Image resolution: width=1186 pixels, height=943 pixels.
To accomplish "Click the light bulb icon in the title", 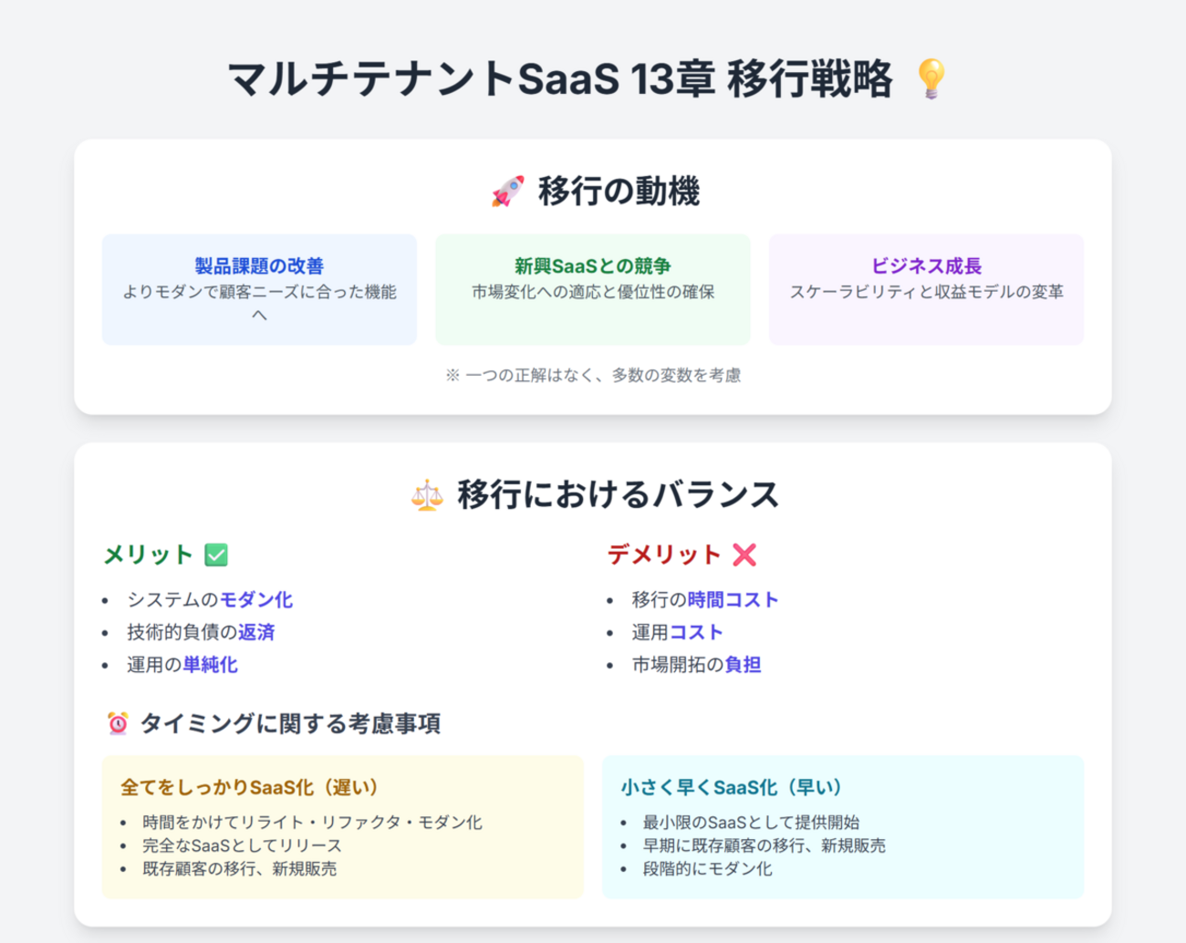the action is pos(931,78).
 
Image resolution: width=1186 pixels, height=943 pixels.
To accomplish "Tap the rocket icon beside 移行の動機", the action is pos(507,192).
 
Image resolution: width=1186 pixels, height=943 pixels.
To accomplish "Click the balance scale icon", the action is pos(427,495).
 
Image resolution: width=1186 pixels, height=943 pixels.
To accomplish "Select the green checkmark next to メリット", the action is pos(216,554).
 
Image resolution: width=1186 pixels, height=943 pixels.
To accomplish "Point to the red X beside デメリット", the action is pos(744,554).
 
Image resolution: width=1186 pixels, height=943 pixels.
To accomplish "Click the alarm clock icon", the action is pos(118,723).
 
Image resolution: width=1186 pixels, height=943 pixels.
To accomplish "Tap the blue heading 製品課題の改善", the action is pos(259,266).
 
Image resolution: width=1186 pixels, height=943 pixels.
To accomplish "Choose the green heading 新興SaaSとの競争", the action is pos(593,266).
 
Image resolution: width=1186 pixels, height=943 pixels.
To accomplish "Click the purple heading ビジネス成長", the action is pos(926,266).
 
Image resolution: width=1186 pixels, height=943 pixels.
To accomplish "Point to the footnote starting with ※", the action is pos(593,376).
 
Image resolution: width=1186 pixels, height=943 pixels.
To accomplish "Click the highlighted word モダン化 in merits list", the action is pos(256,600).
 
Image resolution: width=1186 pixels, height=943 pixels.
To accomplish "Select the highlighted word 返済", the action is pos(256,632).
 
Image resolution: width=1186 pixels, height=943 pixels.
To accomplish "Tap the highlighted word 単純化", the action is pos(210,665).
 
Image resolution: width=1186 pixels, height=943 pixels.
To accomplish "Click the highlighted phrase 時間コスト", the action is pos(733,600).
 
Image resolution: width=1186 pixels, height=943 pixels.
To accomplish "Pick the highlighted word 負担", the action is pos(743,665).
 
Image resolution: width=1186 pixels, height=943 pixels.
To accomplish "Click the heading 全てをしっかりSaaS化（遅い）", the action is pos(249,787).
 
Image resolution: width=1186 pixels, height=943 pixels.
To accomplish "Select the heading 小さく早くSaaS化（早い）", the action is pos(732,787).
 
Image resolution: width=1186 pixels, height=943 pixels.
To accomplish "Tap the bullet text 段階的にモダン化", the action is pos(708,869).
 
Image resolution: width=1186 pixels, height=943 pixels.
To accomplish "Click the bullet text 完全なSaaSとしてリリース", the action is pos(242,845).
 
